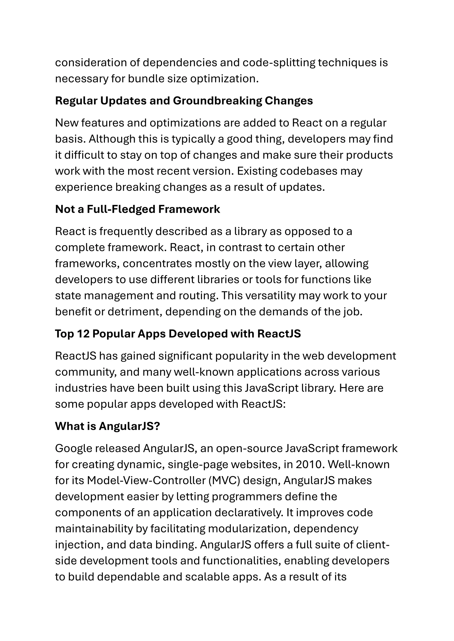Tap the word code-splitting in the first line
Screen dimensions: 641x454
280,63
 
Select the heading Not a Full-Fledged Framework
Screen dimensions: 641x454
137,209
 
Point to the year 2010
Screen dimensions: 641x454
310,464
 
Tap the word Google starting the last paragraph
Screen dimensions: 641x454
74,448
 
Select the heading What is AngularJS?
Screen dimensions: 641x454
107,426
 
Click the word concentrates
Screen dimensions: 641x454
157,264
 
